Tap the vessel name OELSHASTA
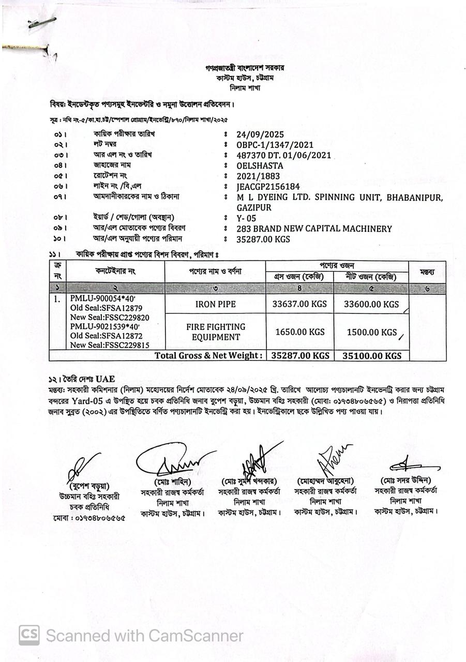click(x=260, y=165)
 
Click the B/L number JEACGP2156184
click(x=268, y=186)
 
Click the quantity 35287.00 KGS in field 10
click(x=263, y=239)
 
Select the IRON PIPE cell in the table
click(x=215, y=304)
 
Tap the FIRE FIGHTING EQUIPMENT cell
click(x=215, y=332)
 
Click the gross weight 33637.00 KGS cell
click(x=299, y=304)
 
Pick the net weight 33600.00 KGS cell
click(x=371, y=304)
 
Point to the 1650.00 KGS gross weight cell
click(x=299, y=332)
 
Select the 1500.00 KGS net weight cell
click(x=371, y=332)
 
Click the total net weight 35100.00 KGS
click(x=371, y=356)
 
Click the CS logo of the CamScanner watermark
click(x=29, y=635)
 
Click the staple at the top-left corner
click(x=41, y=23)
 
